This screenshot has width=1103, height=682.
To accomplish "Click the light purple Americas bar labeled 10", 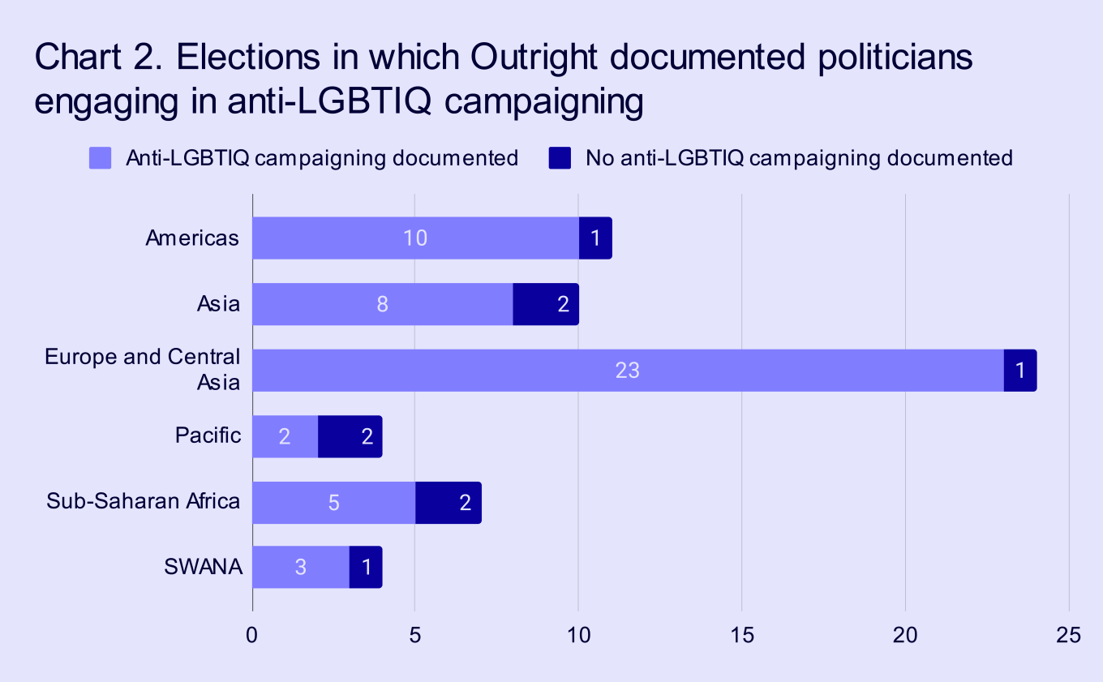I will click(415, 238).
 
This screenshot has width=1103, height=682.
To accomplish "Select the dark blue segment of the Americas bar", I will click(595, 238).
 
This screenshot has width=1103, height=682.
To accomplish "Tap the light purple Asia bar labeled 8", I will click(383, 305).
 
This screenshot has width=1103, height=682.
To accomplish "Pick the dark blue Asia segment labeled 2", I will click(546, 305).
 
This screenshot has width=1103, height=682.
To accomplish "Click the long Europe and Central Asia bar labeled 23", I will click(628, 371).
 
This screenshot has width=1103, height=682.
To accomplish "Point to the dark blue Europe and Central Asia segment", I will click(1020, 371).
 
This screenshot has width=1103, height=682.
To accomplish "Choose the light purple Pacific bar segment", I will click(285, 436).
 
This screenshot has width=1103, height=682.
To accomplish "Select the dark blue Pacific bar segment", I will click(350, 436).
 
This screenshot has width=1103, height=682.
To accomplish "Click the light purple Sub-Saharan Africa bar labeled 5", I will click(333, 502).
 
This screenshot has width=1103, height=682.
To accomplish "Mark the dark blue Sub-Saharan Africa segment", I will click(448, 502).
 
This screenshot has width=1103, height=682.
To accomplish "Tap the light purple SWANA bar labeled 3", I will click(301, 567).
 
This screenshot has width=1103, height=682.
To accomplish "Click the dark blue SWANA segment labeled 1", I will click(366, 567).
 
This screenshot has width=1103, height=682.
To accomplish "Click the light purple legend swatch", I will click(100, 158).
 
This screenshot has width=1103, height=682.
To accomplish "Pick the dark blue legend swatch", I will click(560, 158).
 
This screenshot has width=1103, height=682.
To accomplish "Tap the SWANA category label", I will click(203, 567).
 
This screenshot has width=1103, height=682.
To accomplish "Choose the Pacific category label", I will click(208, 435).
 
